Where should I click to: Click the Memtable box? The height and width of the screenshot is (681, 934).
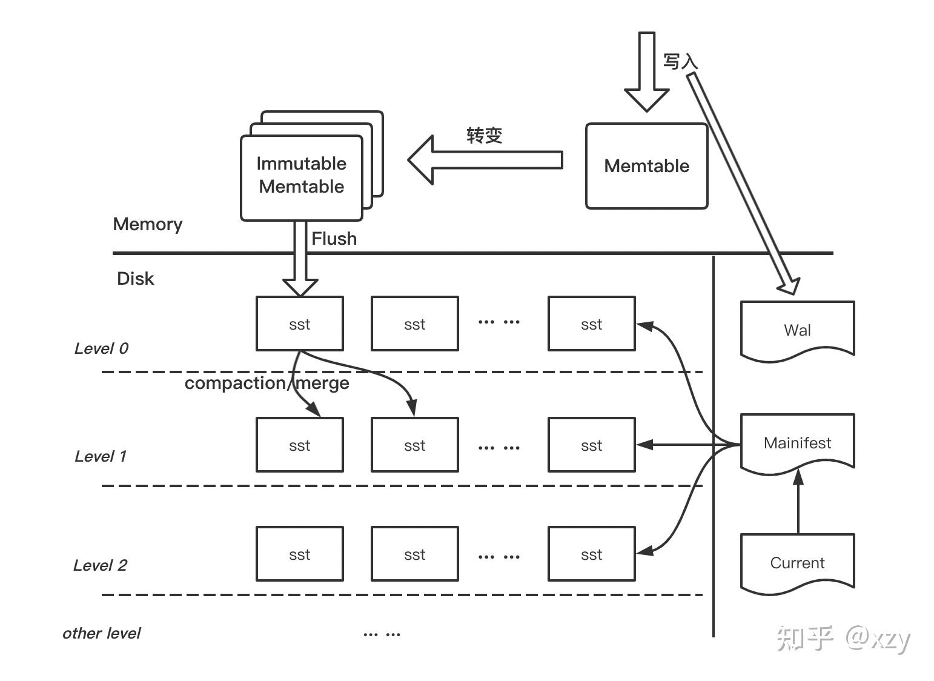pyautogui.click(x=646, y=166)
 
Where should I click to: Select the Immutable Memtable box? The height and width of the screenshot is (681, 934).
pyautogui.click(x=302, y=176)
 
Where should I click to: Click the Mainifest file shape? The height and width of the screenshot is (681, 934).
pyautogui.click(x=797, y=442)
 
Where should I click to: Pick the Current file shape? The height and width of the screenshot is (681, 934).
pyautogui.click(x=797, y=562)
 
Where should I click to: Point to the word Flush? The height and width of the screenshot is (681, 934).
pyautogui.click(x=334, y=239)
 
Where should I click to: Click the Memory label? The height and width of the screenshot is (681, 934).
pyautogui.click(x=147, y=224)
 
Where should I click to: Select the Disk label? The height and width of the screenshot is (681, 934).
pyautogui.click(x=135, y=279)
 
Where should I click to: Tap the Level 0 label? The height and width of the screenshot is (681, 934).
pyautogui.click(x=101, y=348)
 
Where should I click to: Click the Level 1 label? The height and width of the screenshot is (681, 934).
pyautogui.click(x=101, y=456)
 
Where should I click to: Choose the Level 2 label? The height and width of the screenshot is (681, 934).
pyautogui.click(x=100, y=565)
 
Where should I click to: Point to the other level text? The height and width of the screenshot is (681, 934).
pyautogui.click(x=101, y=633)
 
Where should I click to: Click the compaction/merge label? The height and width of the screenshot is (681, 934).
pyautogui.click(x=267, y=383)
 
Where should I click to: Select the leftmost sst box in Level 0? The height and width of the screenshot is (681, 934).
pyautogui.click(x=300, y=324)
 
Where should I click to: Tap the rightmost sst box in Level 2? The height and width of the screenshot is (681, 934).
pyautogui.click(x=591, y=554)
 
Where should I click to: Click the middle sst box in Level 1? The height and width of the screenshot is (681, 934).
pyautogui.click(x=414, y=445)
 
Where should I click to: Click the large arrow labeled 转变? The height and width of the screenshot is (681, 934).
pyautogui.click(x=485, y=160)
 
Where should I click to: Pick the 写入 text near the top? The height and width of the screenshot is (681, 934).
pyautogui.click(x=680, y=61)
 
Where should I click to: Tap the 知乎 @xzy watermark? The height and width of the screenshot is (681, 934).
pyautogui.click(x=843, y=639)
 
